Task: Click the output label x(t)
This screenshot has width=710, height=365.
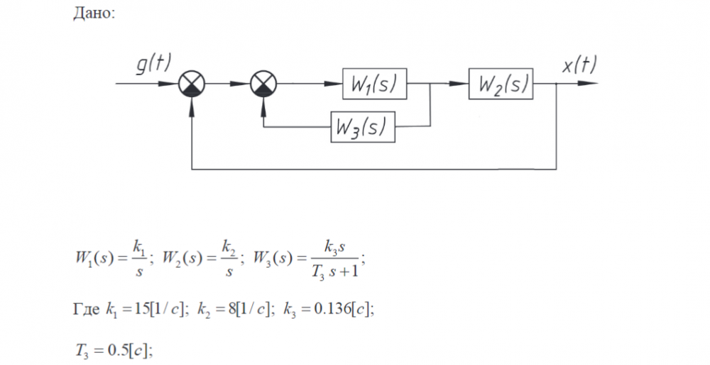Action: pyautogui.click(x=579, y=65)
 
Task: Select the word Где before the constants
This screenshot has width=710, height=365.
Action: pyautogui.click(x=87, y=311)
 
